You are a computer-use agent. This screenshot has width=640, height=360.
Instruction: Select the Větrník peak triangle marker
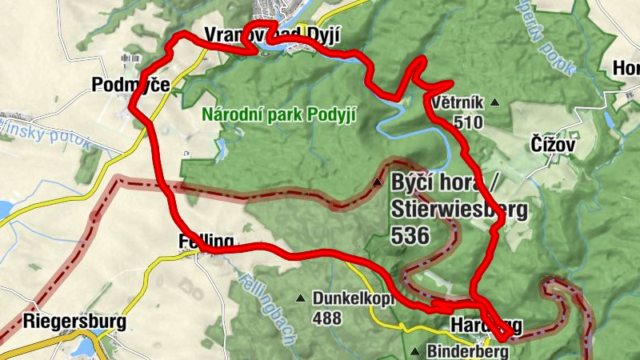494,102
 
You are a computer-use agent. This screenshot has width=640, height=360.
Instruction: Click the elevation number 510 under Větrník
467,122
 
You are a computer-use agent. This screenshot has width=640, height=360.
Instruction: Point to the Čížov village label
553,145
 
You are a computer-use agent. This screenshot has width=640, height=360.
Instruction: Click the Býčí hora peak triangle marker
378,182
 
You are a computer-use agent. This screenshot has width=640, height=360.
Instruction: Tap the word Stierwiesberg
459,210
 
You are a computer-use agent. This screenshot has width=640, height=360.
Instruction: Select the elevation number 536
411,235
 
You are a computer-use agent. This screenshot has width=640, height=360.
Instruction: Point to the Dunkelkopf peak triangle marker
301,299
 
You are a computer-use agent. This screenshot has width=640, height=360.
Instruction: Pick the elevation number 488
327,318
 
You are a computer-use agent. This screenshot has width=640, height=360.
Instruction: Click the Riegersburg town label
75,322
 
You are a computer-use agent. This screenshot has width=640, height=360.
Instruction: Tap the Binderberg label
468,351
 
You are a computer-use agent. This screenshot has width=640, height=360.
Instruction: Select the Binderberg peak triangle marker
415,351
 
